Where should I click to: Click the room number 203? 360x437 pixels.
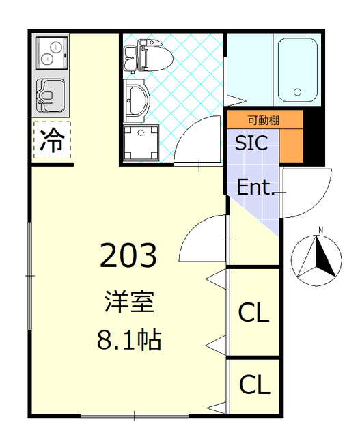[129, 255]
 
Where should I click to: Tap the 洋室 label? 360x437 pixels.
[129, 301]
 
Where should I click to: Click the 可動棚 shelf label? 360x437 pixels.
[264, 120]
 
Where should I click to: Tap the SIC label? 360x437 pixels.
[251, 143]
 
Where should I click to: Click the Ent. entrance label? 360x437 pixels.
[255, 187]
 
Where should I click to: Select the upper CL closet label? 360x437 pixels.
[253, 313]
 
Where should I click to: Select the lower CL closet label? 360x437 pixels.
[253, 385]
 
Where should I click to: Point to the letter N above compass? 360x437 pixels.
[318, 230]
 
